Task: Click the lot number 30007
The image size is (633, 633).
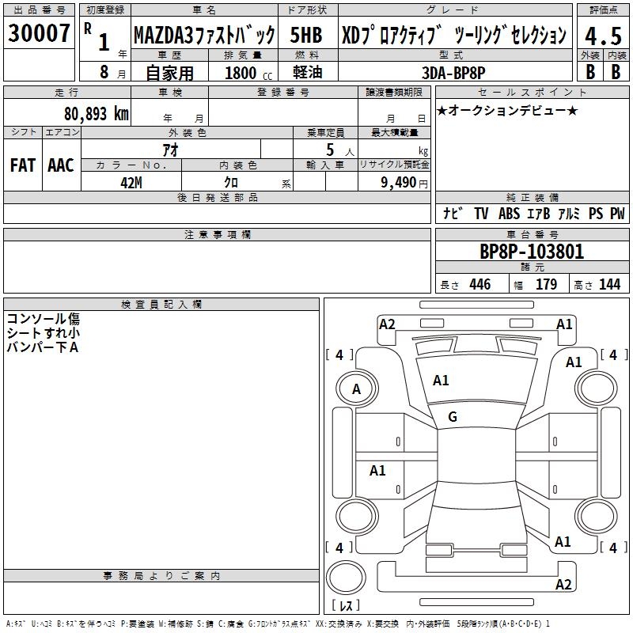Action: [39, 34]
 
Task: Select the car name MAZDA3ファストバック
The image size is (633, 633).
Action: [203, 36]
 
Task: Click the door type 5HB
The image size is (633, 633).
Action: [305, 36]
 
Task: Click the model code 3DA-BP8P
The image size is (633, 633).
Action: [454, 73]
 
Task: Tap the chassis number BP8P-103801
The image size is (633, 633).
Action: [532, 252]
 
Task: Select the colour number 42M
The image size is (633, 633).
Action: [131, 182]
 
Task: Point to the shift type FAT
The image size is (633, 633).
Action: [22, 165]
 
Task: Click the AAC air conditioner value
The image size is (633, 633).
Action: [61, 165]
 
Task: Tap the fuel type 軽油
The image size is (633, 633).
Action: [305, 73]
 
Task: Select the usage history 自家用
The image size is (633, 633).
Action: [169, 73]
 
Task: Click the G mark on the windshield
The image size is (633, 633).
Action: [453, 417]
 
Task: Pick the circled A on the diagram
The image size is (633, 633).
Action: [356, 389]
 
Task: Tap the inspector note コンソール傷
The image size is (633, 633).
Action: [43, 320]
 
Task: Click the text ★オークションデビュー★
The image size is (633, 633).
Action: [507, 111]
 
